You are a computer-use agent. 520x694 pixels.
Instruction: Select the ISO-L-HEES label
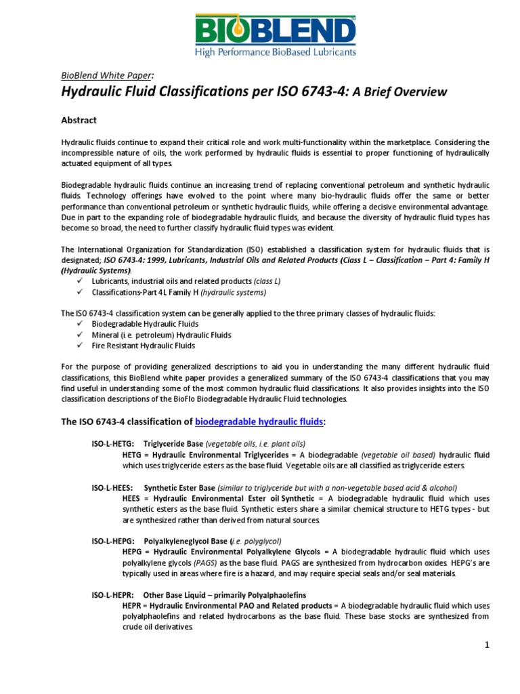coord(112,487)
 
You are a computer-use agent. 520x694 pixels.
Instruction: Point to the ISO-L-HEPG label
coord(112,540)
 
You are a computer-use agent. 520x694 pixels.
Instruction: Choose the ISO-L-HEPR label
coord(112,594)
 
